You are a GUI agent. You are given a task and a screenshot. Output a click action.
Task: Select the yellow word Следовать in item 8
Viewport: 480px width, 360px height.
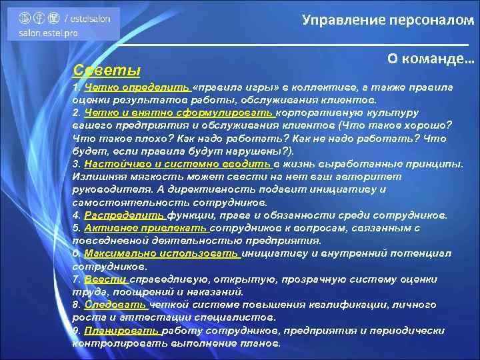pyautogui.click(x=111, y=305)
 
